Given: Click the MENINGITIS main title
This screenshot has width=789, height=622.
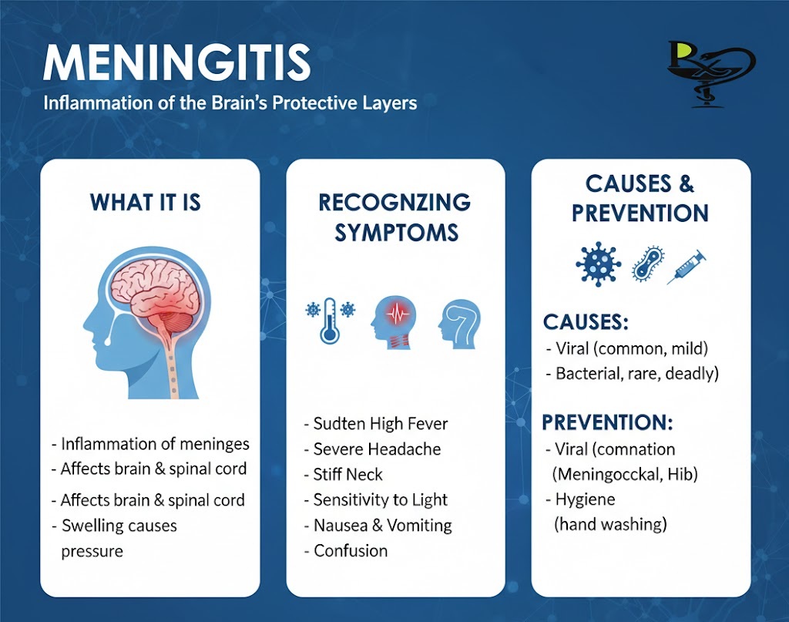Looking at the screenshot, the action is [176, 62].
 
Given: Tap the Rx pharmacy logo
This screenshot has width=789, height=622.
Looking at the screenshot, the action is [711, 74].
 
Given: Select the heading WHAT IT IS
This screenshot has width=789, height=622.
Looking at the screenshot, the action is [146, 202].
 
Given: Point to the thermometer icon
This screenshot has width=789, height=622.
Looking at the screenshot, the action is [330, 321].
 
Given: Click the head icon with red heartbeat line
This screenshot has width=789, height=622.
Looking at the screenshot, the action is [394, 323].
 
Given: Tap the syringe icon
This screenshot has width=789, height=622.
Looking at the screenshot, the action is [687, 267].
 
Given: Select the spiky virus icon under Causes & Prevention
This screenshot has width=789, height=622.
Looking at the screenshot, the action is [598, 264].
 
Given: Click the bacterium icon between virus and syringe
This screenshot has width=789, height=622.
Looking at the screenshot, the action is [647, 264].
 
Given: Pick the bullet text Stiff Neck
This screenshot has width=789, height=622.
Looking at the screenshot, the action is [347, 475].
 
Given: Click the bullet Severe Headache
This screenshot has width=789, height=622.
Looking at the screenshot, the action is [377, 449].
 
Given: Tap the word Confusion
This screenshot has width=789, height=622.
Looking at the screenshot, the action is [351, 551].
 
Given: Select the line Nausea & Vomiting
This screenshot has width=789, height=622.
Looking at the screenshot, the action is [382, 526].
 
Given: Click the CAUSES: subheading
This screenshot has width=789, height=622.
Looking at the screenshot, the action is [586, 322].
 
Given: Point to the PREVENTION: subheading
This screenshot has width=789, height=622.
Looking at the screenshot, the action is [607, 422].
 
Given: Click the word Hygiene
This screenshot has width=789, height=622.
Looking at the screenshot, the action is [586, 499].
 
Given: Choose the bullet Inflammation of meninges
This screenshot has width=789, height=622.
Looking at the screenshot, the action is [155, 444].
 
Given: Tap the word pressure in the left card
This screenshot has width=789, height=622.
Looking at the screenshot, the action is [92, 552].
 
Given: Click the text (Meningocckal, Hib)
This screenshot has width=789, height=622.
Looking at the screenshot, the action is [625, 474].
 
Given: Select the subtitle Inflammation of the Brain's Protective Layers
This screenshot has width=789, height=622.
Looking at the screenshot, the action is [230, 103].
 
